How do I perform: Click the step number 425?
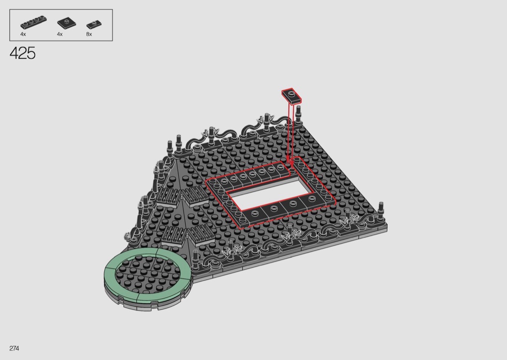[x=23, y=53]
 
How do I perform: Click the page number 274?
[x=14, y=348]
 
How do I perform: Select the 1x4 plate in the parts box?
[x=33, y=22]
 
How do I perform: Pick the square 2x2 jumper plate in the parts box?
[x=67, y=23]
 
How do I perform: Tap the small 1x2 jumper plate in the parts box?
[x=94, y=24]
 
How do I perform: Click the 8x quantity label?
[x=89, y=34]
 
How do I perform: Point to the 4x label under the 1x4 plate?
[x=23, y=34]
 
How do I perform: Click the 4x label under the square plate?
[x=60, y=34]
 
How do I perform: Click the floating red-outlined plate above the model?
[x=291, y=96]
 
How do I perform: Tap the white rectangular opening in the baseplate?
[x=271, y=195]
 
